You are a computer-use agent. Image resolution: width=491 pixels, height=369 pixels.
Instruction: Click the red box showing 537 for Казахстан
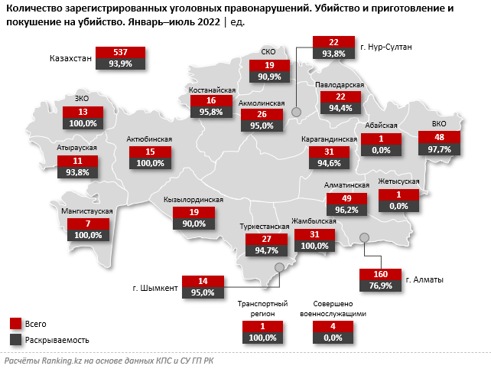pos(121,53)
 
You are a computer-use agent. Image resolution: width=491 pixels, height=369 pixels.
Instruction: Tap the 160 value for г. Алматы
pos(379,275)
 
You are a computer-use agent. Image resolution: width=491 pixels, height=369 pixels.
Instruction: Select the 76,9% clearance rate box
pos(379,286)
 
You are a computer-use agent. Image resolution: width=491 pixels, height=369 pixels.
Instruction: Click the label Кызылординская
pos(193,200)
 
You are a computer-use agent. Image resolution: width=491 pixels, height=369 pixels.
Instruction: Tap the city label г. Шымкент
pos(154,288)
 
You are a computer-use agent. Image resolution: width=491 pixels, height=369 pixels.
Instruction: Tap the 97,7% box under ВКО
pos(439,149)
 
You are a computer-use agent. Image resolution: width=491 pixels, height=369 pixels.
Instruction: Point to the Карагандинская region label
pos(330,140)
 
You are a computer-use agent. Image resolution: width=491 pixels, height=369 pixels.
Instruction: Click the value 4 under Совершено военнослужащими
pos(332,327)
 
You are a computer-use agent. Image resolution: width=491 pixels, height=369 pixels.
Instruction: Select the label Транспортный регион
pos(262,309)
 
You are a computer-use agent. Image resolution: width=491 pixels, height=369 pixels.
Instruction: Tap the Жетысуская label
pos(398,181)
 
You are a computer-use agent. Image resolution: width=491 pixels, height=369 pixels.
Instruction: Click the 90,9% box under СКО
pos(269,77)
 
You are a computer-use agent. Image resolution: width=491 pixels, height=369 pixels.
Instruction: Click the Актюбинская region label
pos(151,139)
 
